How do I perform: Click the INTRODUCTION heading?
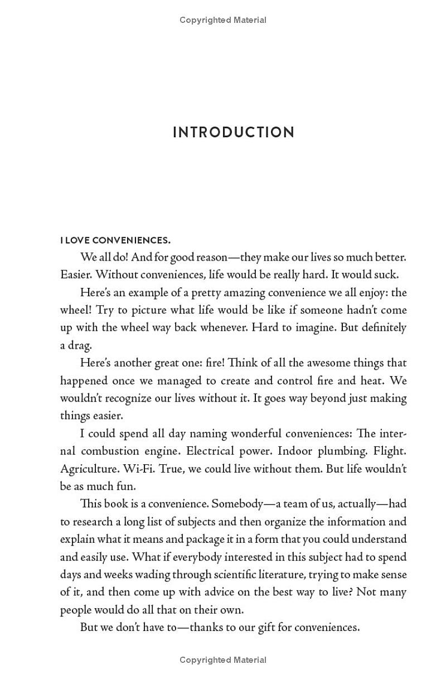coord(234,132)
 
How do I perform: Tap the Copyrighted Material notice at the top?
coord(223,20)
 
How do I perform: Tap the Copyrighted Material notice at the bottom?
coord(223,660)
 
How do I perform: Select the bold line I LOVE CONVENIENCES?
coord(115,240)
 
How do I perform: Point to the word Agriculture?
coord(85,469)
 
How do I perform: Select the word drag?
coord(80,345)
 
